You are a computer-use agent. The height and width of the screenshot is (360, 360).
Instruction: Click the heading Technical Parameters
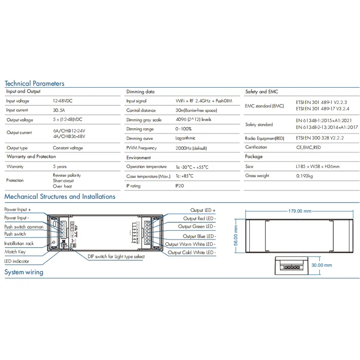pyautogui.click(x=35, y=83)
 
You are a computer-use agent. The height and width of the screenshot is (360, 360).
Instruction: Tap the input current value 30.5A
pyautogui.click(x=59, y=110)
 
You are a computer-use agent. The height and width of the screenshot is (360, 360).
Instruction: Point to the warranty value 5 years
pyautogui.click(x=60, y=166)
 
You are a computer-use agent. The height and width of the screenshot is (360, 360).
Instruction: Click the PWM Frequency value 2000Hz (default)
pyautogui.click(x=191, y=148)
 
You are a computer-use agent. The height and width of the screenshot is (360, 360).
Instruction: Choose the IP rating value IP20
pyautogui.click(x=179, y=185)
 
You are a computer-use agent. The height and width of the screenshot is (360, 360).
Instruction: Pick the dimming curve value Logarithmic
pyautogui.click(x=185, y=139)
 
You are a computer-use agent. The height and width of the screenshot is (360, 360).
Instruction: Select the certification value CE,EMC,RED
pyautogui.click(x=308, y=147)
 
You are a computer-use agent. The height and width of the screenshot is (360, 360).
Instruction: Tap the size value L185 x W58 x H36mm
pyautogui.click(x=317, y=166)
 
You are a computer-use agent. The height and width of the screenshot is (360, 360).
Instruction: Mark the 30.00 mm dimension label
pyautogui.click(x=321, y=265)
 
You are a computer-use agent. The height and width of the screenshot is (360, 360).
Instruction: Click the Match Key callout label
pyautogui.click(x=15, y=252)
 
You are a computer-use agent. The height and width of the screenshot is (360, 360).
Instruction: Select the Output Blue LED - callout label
pyautogui.click(x=199, y=236)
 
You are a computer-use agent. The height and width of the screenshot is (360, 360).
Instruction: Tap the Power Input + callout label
pyautogui.click(x=18, y=210)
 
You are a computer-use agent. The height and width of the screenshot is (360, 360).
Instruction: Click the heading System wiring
pyautogui.click(x=24, y=272)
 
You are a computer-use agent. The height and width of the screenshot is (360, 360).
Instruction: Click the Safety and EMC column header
pyautogui.click(x=262, y=91)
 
